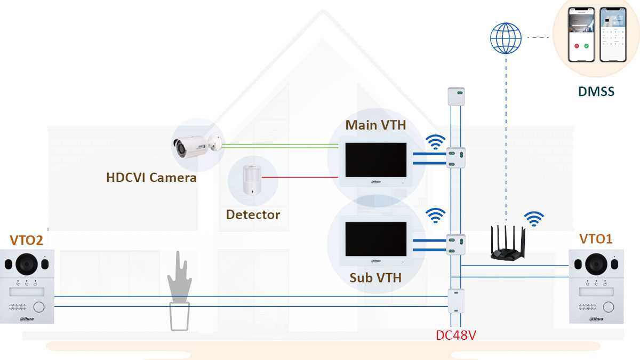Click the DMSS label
596,92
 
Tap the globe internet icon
505,38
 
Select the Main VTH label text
375,125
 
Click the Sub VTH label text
375,277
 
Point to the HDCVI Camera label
151,178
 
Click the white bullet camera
195,145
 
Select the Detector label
253,214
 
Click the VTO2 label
26,240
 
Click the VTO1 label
596,238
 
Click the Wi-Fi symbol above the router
534,219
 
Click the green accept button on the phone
586,46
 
